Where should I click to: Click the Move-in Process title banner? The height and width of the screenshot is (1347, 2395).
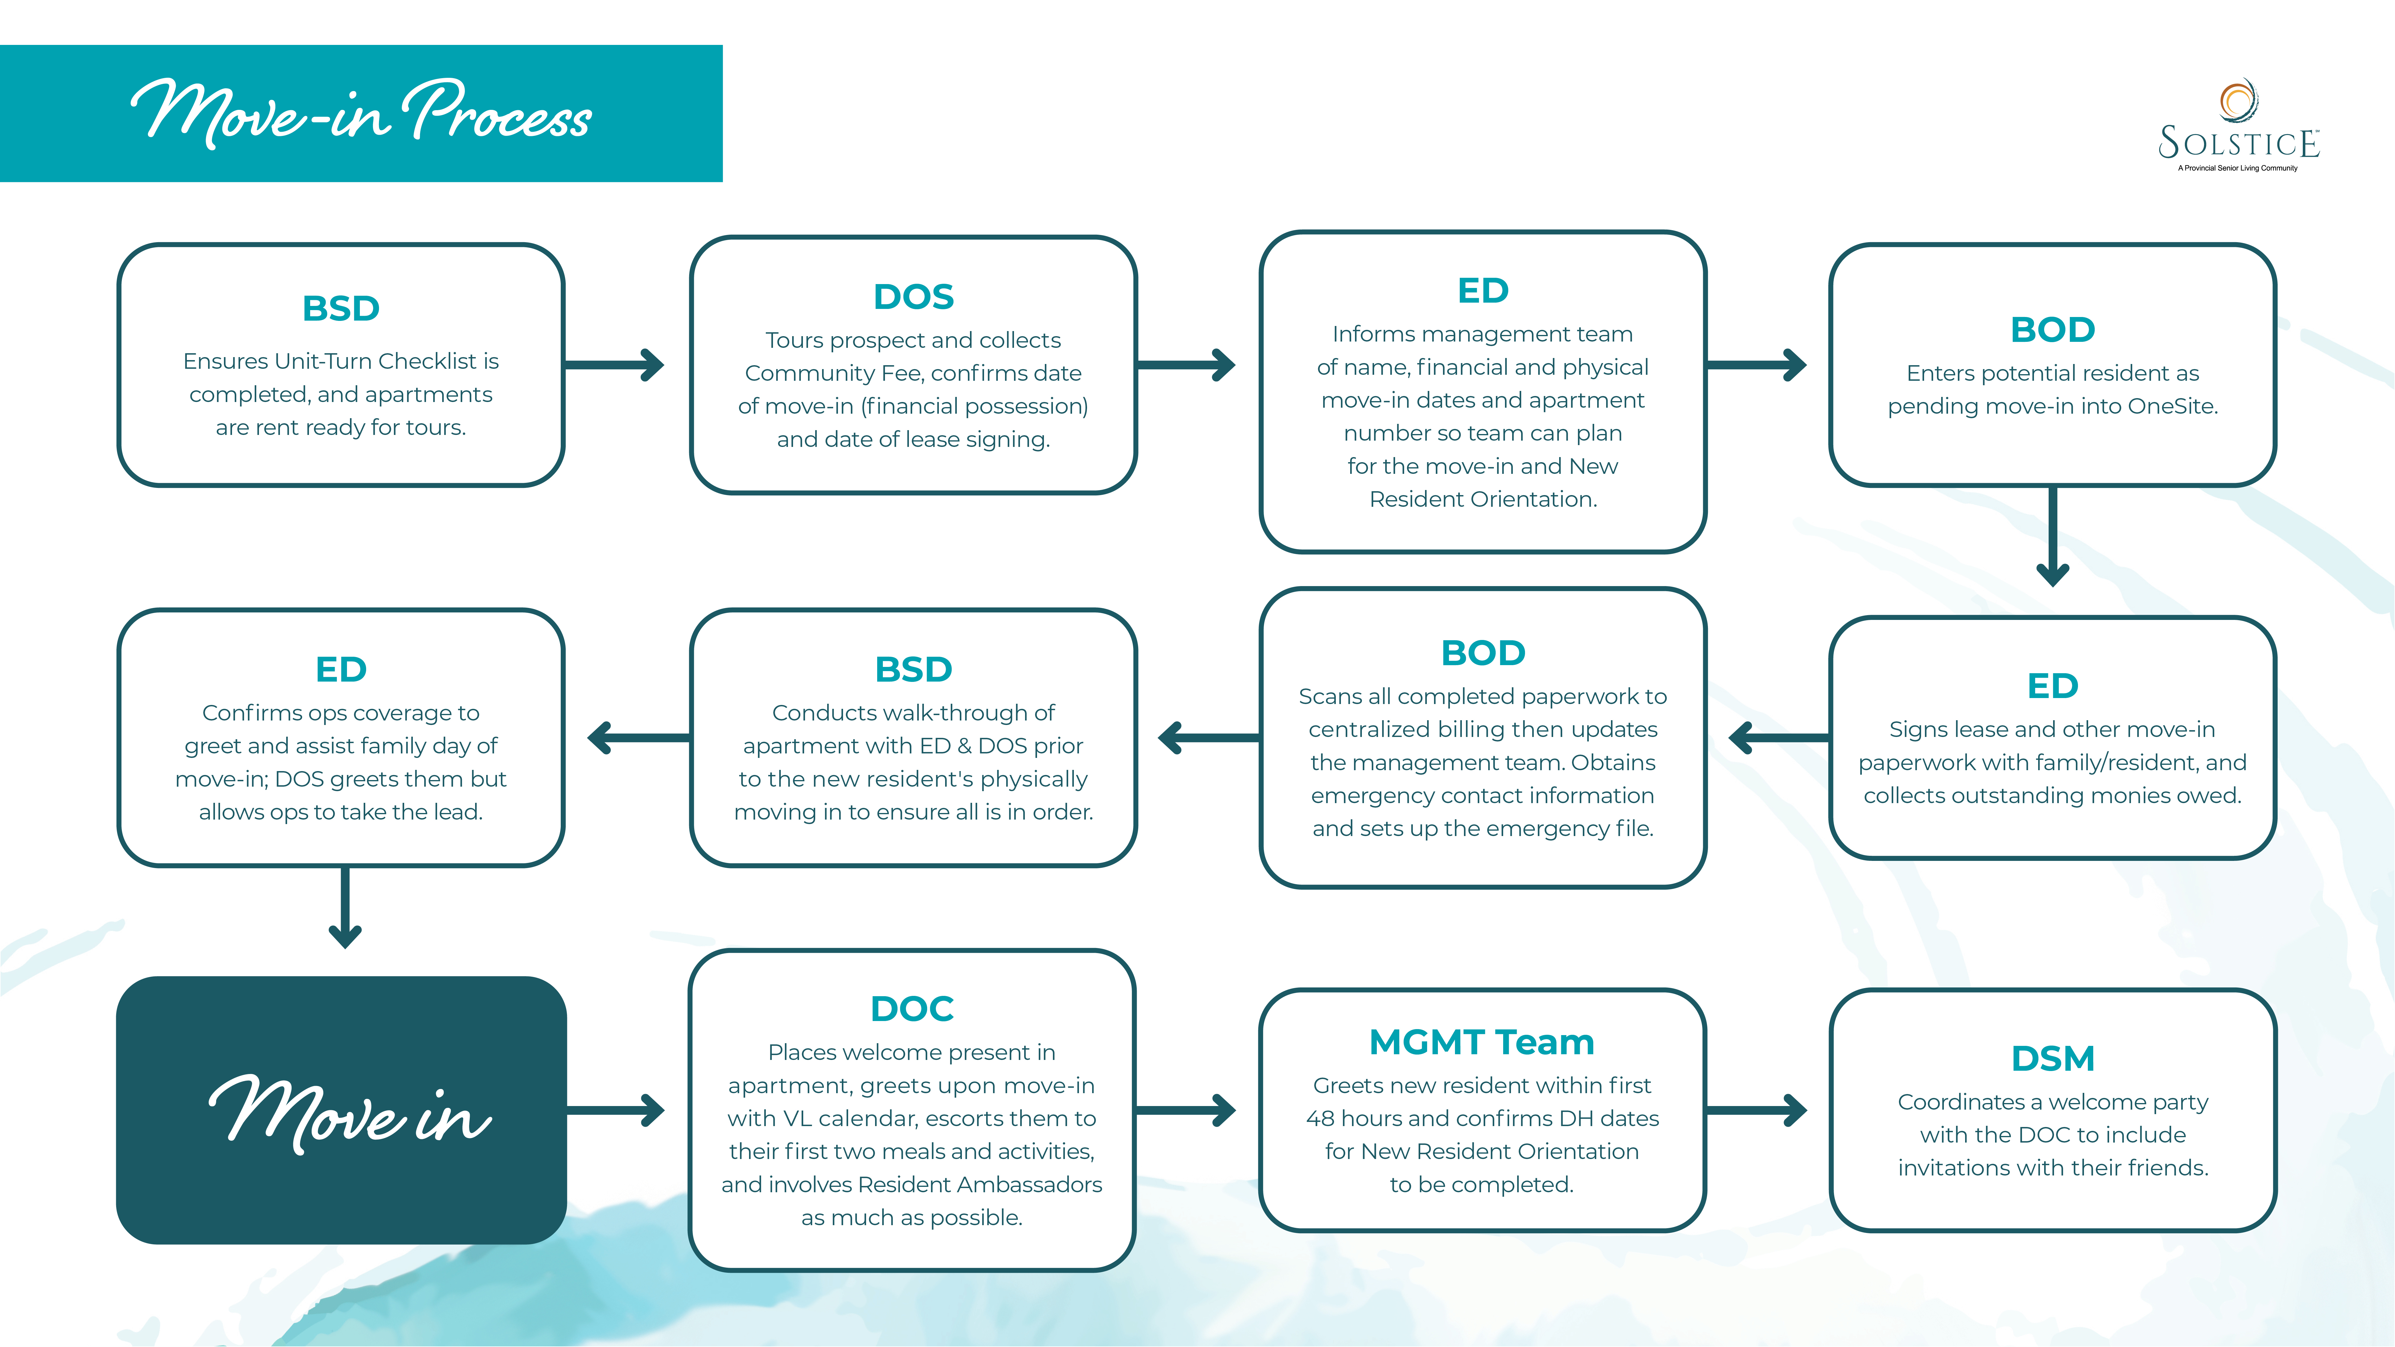[x=361, y=113]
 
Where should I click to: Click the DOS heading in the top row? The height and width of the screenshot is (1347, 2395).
[x=913, y=297]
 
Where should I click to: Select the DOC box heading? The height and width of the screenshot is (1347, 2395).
[x=911, y=1009]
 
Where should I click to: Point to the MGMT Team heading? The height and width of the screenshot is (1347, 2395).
[x=1481, y=1042]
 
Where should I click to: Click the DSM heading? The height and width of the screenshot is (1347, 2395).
[x=2052, y=1059]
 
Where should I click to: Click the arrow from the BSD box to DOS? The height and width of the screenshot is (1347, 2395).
[x=616, y=364]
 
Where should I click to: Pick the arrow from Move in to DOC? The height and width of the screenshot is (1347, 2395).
[x=616, y=1110]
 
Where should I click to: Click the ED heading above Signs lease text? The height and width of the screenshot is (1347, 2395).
[x=2052, y=686]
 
